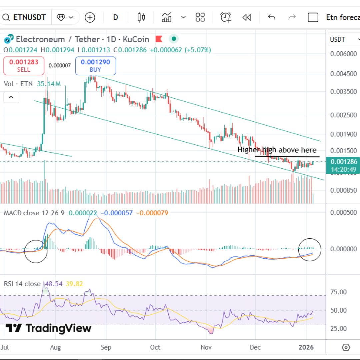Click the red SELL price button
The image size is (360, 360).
click(24, 66)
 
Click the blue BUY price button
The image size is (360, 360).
click(95, 66)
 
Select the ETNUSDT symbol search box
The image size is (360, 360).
click(25, 17)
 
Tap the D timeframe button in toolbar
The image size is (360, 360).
click(115, 17)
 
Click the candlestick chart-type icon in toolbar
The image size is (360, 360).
click(141, 17)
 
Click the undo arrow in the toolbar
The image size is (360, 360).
click(272, 17)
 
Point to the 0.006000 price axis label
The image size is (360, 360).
click(343, 54)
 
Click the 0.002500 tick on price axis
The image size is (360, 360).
click(343, 115)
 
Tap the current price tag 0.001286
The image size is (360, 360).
click(343, 162)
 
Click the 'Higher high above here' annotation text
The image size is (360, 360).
click(277, 150)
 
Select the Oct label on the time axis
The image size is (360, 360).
click(155, 347)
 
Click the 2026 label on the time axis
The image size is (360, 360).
click(306, 347)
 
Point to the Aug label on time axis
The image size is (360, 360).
click(55, 347)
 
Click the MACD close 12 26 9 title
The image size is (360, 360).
click(34, 213)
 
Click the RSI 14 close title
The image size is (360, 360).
click(22, 284)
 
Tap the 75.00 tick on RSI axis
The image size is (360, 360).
click(338, 292)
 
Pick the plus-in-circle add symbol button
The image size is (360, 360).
click(90, 17)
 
